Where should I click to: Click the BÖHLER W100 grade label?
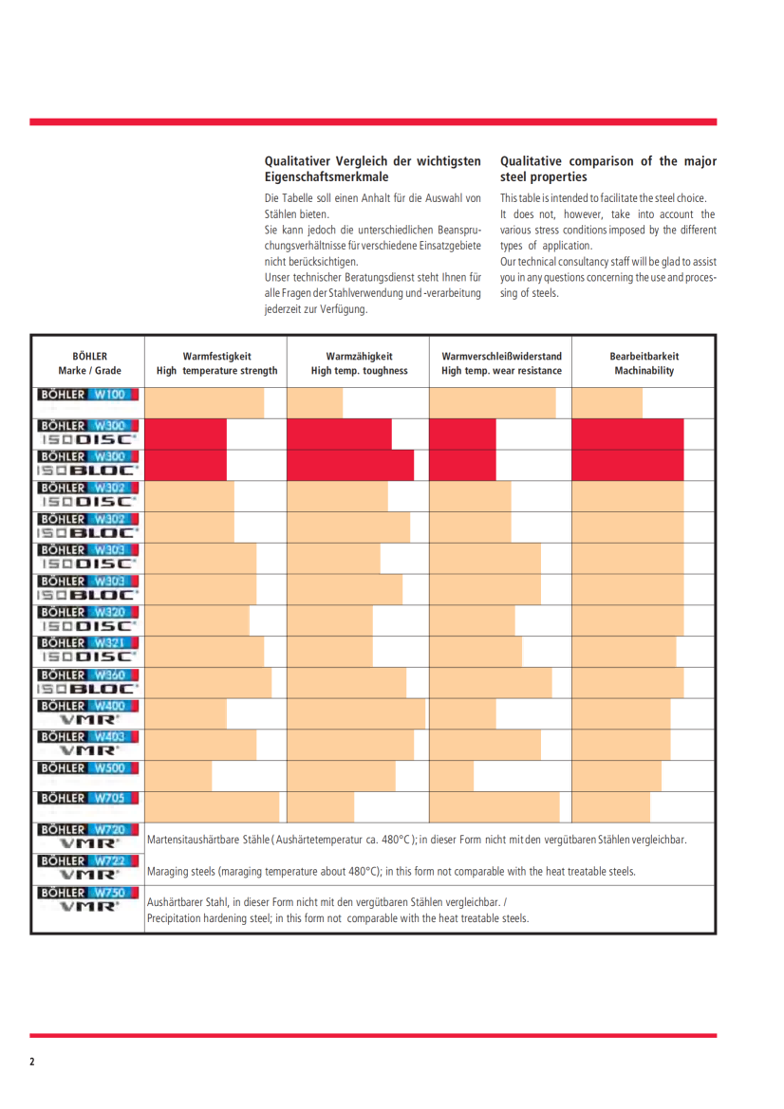(x=88, y=395)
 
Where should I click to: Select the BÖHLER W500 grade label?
(x=88, y=768)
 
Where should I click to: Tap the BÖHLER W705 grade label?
(x=88, y=799)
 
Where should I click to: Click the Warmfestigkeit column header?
(x=216, y=363)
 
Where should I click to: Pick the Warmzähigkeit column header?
(x=359, y=363)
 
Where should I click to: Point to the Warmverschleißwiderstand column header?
(x=501, y=363)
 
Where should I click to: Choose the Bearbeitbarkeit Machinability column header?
(x=644, y=363)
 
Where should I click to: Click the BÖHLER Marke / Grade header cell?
(x=88, y=363)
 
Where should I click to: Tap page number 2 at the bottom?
(x=32, y=1062)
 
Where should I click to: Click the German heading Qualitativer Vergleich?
(x=372, y=169)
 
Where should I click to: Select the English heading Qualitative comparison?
(x=608, y=169)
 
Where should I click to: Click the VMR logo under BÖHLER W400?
(x=88, y=720)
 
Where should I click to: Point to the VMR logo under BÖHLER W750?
(x=88, y=907)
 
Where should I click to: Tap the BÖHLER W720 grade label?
(x=88, y=829)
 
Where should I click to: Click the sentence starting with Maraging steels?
(x=392, y=871)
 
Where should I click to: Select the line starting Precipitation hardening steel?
(x=338, y=918)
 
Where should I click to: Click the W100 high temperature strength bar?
(x=204, y=403)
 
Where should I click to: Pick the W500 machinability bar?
(x=616, y=776)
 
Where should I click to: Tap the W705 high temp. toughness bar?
(x=321, y=807)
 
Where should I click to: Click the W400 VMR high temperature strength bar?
(x=186, y=714)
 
